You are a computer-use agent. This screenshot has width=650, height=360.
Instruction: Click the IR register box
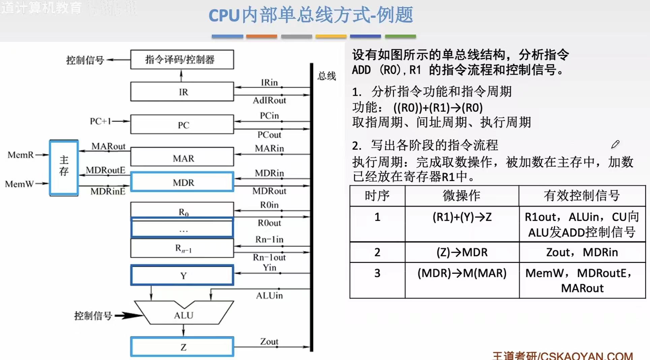(182, 92)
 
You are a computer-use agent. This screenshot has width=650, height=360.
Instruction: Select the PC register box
(182, 125)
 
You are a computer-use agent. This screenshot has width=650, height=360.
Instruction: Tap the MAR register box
(182, 157)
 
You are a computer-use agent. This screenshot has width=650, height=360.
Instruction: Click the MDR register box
(182, 182)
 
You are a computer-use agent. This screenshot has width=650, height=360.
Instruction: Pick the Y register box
(182, 275)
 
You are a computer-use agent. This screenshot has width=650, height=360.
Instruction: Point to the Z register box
(182, 347)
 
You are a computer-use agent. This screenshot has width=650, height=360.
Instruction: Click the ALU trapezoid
(184, 314)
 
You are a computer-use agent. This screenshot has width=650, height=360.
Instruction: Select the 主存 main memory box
(64, 168)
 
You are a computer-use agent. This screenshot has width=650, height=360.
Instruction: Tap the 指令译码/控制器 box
(182, 60)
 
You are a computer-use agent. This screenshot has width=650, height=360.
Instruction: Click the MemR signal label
(21, 155)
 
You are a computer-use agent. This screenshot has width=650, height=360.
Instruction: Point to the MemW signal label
(20, 184)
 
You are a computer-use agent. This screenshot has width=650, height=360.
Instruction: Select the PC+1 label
(100, 121)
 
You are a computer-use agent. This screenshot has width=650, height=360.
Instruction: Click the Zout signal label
(269, 341)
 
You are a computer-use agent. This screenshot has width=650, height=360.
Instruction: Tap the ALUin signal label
(269, 296)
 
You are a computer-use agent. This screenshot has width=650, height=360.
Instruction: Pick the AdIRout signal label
(269, 100)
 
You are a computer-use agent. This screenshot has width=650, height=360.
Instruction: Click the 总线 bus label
(327, 76)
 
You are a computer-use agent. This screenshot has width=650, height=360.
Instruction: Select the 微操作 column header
(461, 196)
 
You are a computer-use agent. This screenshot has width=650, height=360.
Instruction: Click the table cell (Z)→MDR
(462, 252)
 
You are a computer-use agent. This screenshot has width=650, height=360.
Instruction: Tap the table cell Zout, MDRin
(582, 252)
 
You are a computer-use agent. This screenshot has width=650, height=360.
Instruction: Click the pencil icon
(615, 145)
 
